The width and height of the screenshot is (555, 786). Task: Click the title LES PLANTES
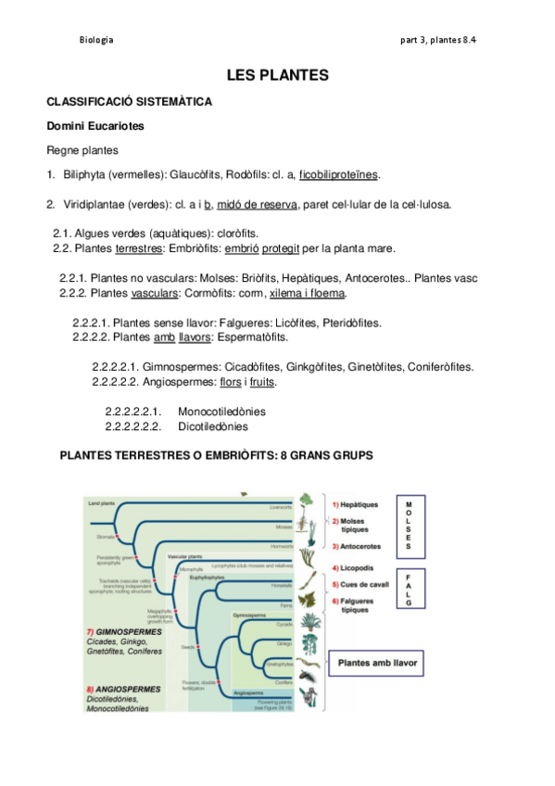click(x=277, y=73)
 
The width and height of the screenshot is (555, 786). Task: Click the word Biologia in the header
click(x=96, y=40)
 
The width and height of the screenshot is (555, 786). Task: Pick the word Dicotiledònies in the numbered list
click(x=212, y=426)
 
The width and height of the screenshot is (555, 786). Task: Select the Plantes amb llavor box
click(x=378, y=663)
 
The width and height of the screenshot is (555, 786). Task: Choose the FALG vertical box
click(x=409, y=589)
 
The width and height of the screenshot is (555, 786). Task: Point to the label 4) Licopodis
click(x=353, y=566)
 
